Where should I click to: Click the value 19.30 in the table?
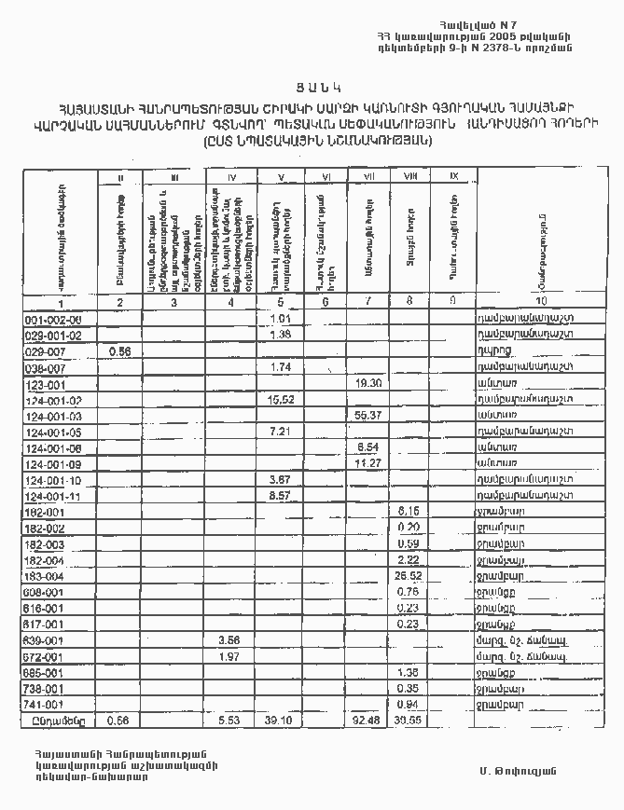(369, 383)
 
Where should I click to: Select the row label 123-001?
(44, 384)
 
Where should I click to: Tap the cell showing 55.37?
(369, 415)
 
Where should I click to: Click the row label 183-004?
(44, 576)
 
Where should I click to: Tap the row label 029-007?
(44, 351)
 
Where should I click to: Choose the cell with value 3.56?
(229, 639)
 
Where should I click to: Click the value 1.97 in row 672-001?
(229, 656)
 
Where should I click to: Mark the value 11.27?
(369, 463)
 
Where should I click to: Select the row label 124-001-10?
(52, 479)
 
